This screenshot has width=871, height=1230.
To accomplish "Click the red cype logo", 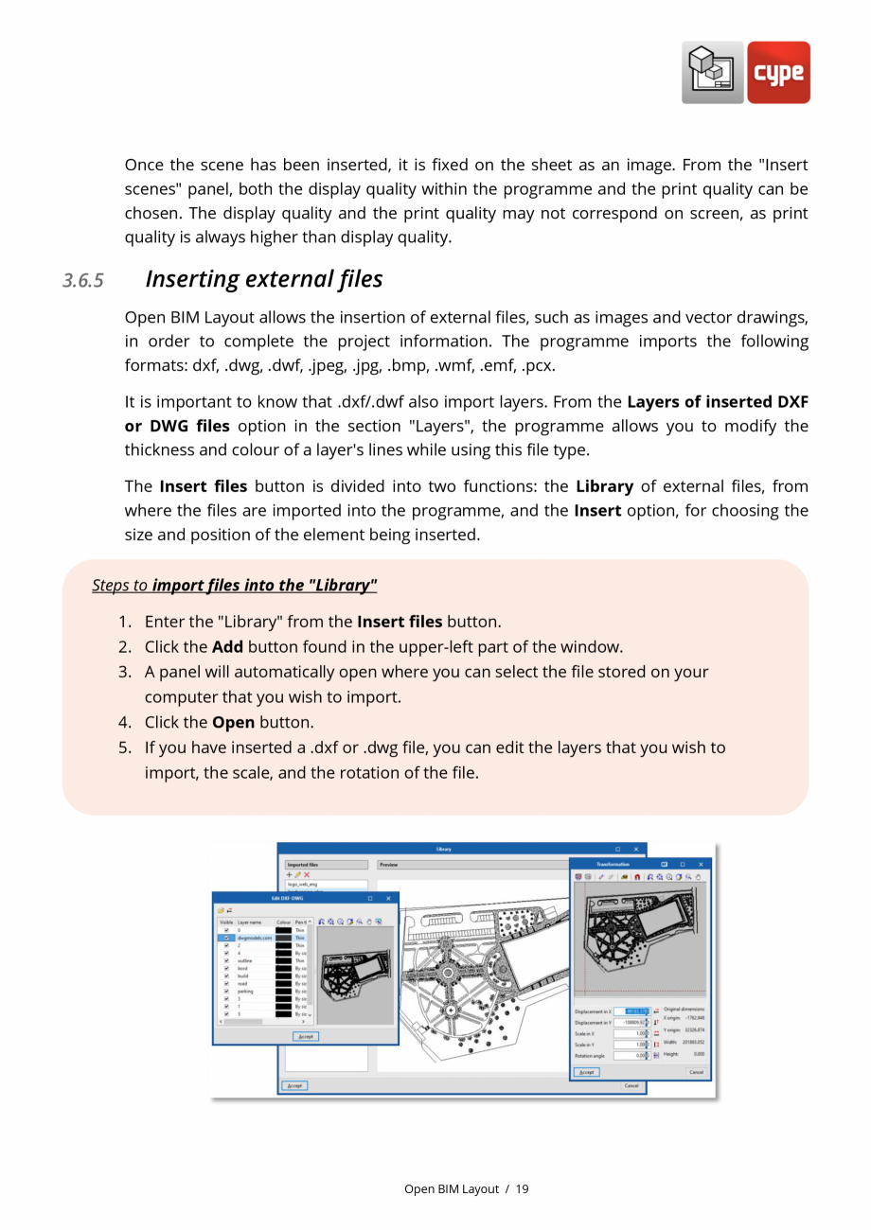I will [778, 73].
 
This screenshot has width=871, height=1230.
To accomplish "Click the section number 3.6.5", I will [83, 281].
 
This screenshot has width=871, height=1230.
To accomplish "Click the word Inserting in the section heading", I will [190, 279].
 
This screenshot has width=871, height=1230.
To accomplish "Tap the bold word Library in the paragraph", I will [603, 486].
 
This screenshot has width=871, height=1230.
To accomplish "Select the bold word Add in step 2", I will [227, 647].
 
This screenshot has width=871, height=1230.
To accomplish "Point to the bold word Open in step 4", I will [233, 722].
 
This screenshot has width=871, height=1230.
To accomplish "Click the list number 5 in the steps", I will [125, 747].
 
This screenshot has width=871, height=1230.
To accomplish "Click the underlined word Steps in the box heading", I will [111, 586].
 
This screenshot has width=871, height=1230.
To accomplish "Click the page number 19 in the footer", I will [523, 1189].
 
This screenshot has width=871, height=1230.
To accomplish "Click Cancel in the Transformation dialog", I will [696, 1072].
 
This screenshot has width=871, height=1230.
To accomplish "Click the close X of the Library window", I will [636, 849].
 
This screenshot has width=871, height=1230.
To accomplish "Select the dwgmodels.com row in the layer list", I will [254, 938].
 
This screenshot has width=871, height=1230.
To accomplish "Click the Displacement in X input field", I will [630, 1011].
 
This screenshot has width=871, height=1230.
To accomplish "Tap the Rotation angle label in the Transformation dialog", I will [590, 1056].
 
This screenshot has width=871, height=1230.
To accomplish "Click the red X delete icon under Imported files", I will [307, 875].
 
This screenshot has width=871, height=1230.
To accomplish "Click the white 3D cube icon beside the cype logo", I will [712, 73].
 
